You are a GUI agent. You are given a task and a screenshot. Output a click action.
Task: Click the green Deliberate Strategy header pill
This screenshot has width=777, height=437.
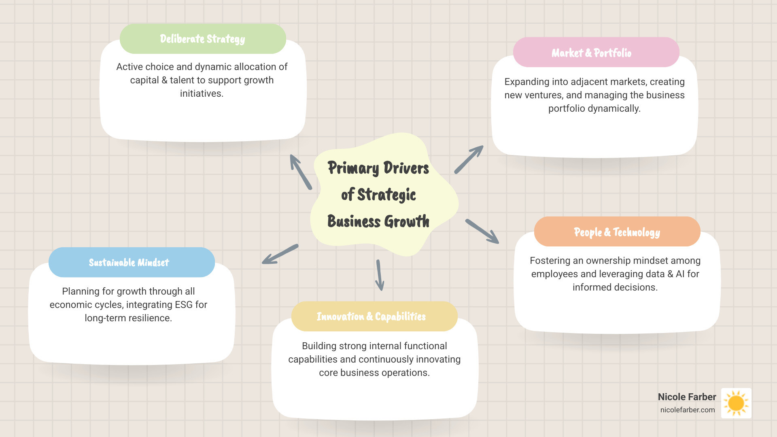[x=203, y=39]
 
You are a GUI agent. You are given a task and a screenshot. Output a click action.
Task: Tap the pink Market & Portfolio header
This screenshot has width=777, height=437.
[x=596, y=53]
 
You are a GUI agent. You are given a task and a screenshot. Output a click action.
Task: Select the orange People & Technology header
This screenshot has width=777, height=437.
[x=617, y=232]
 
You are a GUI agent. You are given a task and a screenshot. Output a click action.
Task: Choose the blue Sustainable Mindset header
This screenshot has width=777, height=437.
[x=132, y=262]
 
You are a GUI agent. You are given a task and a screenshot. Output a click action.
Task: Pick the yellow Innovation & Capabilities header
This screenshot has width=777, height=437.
[x=374, y=316]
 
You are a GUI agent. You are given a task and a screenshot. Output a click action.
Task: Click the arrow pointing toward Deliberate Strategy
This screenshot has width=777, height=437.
[x=301, y=172]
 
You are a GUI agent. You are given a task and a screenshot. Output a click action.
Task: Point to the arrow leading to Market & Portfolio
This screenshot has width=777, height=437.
[x=469, y=159]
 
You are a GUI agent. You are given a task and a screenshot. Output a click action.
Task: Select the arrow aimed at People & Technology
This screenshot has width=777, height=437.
[x=482, y=231]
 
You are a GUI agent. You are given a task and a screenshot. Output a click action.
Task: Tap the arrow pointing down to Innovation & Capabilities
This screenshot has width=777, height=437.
[x=379, y=275]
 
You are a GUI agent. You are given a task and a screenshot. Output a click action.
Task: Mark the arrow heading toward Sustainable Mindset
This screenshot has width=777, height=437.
[x=280, y=254]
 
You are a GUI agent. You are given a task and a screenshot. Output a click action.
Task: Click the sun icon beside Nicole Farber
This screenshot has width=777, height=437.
[x=736, y=403]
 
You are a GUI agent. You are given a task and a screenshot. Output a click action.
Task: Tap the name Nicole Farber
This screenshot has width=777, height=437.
[x=687, y=397]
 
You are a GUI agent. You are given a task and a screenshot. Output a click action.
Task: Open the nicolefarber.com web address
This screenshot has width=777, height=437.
[x=688, y=410]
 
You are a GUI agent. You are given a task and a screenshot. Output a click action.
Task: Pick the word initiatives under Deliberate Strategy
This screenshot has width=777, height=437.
[x=202, y=93]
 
